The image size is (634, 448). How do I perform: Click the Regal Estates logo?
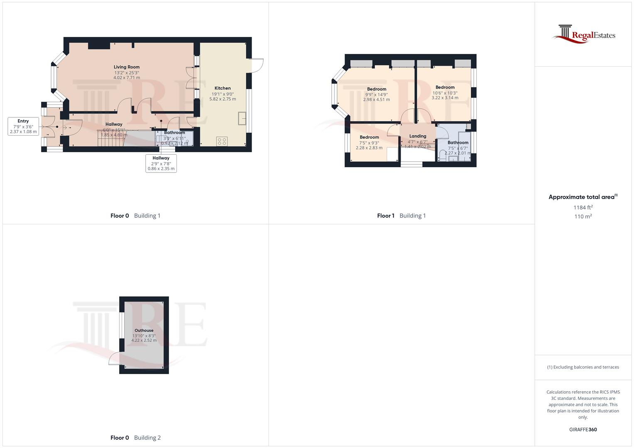(x=583, y=34)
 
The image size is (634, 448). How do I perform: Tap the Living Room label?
(x=127, y=67)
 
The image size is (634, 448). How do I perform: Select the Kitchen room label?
(x=223, y=88)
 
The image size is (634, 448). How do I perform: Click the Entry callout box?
(x=23, y=127)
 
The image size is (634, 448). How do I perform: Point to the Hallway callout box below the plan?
(x=161, y=163)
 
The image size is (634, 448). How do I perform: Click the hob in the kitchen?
(x=222, y=141)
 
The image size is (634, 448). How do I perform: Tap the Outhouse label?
(x=144, y=331)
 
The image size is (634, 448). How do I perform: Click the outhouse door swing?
(x=114, y=358)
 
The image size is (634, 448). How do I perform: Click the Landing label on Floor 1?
(x=418, y=136)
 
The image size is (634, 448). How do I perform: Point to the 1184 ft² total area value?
(x=583, y=207)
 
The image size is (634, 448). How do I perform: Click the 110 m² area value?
(x=583, y=217)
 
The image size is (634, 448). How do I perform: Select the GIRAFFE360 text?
(x=583, y=430)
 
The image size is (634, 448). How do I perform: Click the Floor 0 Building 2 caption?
(x=135, y=438)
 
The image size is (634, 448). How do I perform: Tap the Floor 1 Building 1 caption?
(x=401, y=216)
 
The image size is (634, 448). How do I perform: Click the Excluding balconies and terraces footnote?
(x=583, y=367)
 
